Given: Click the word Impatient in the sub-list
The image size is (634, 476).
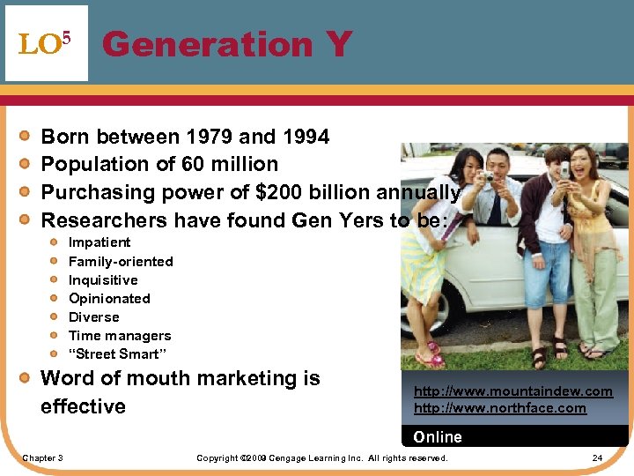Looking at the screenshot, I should click(100, 242).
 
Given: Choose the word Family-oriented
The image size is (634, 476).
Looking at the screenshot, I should click(121, 261).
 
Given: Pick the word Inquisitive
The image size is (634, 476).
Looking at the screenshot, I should click(103, 279).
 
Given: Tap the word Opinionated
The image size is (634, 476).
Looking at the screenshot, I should click(109, 298).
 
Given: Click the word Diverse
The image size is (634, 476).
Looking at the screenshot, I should click(93, 316).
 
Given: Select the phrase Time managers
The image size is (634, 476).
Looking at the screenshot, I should click(120, 335).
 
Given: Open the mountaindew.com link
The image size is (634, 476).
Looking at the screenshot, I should click(512, 391).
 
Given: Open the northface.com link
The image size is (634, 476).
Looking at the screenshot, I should click(499, 407).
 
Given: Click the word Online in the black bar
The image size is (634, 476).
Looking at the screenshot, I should click(438, 437).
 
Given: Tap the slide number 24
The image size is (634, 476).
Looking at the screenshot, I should click(597, 458).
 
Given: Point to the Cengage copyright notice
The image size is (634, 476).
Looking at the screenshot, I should click(321, 458).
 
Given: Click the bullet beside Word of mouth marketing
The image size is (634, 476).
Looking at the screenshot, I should click(27, 379).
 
